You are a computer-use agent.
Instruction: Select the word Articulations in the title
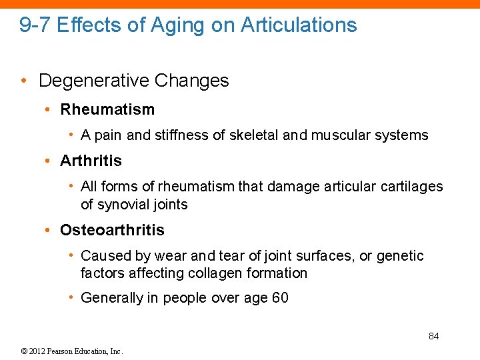(299, 25)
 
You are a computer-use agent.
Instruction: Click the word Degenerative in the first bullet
(93, 81)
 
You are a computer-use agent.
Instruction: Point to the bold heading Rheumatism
(107, 109)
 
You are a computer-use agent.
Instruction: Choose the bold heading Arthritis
(91, 161)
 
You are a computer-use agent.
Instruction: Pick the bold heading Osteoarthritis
(112, 231)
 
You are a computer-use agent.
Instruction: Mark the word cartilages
(411, 187)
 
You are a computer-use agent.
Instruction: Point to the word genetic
(400, 256)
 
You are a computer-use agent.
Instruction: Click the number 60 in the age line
(280, 298)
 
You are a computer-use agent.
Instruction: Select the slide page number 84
(433, 336)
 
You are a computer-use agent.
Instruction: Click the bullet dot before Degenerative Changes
(23, 81)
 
